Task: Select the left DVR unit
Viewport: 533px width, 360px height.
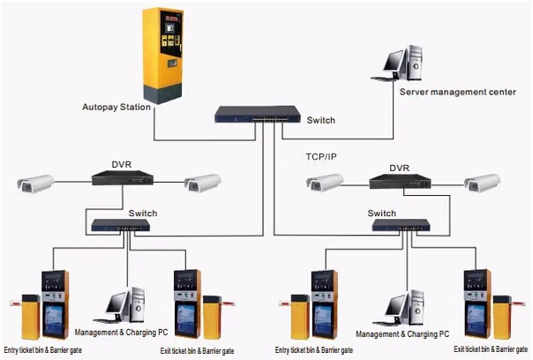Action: tap(121, 180)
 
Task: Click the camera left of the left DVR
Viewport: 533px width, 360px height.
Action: tap(35, 184)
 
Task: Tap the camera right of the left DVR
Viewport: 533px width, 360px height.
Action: tap(202, 183)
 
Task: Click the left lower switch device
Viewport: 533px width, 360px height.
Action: tap(119, 227)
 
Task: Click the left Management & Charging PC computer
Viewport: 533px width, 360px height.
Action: tap(123, 305)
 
